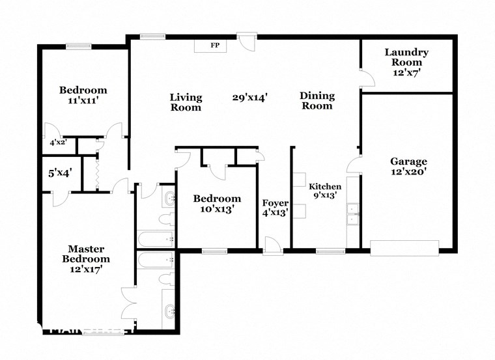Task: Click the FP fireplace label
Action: click(214, 46)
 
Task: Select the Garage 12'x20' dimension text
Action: click(408, 173)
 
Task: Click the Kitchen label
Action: click(325, 186)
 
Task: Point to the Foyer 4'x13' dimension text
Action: click(275, 212)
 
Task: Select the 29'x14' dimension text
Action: click(250, 97)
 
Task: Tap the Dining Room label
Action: click(317, 101)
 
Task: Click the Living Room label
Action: click(186, 102)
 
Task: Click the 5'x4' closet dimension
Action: click(60, 173)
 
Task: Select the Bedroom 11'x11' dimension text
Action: click(83, 101)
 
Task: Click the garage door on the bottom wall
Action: click(404, 247)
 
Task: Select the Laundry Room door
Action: click(367, 78)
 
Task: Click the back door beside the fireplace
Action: click(247, 42)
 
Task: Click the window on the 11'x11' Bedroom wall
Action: click(78, 46)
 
